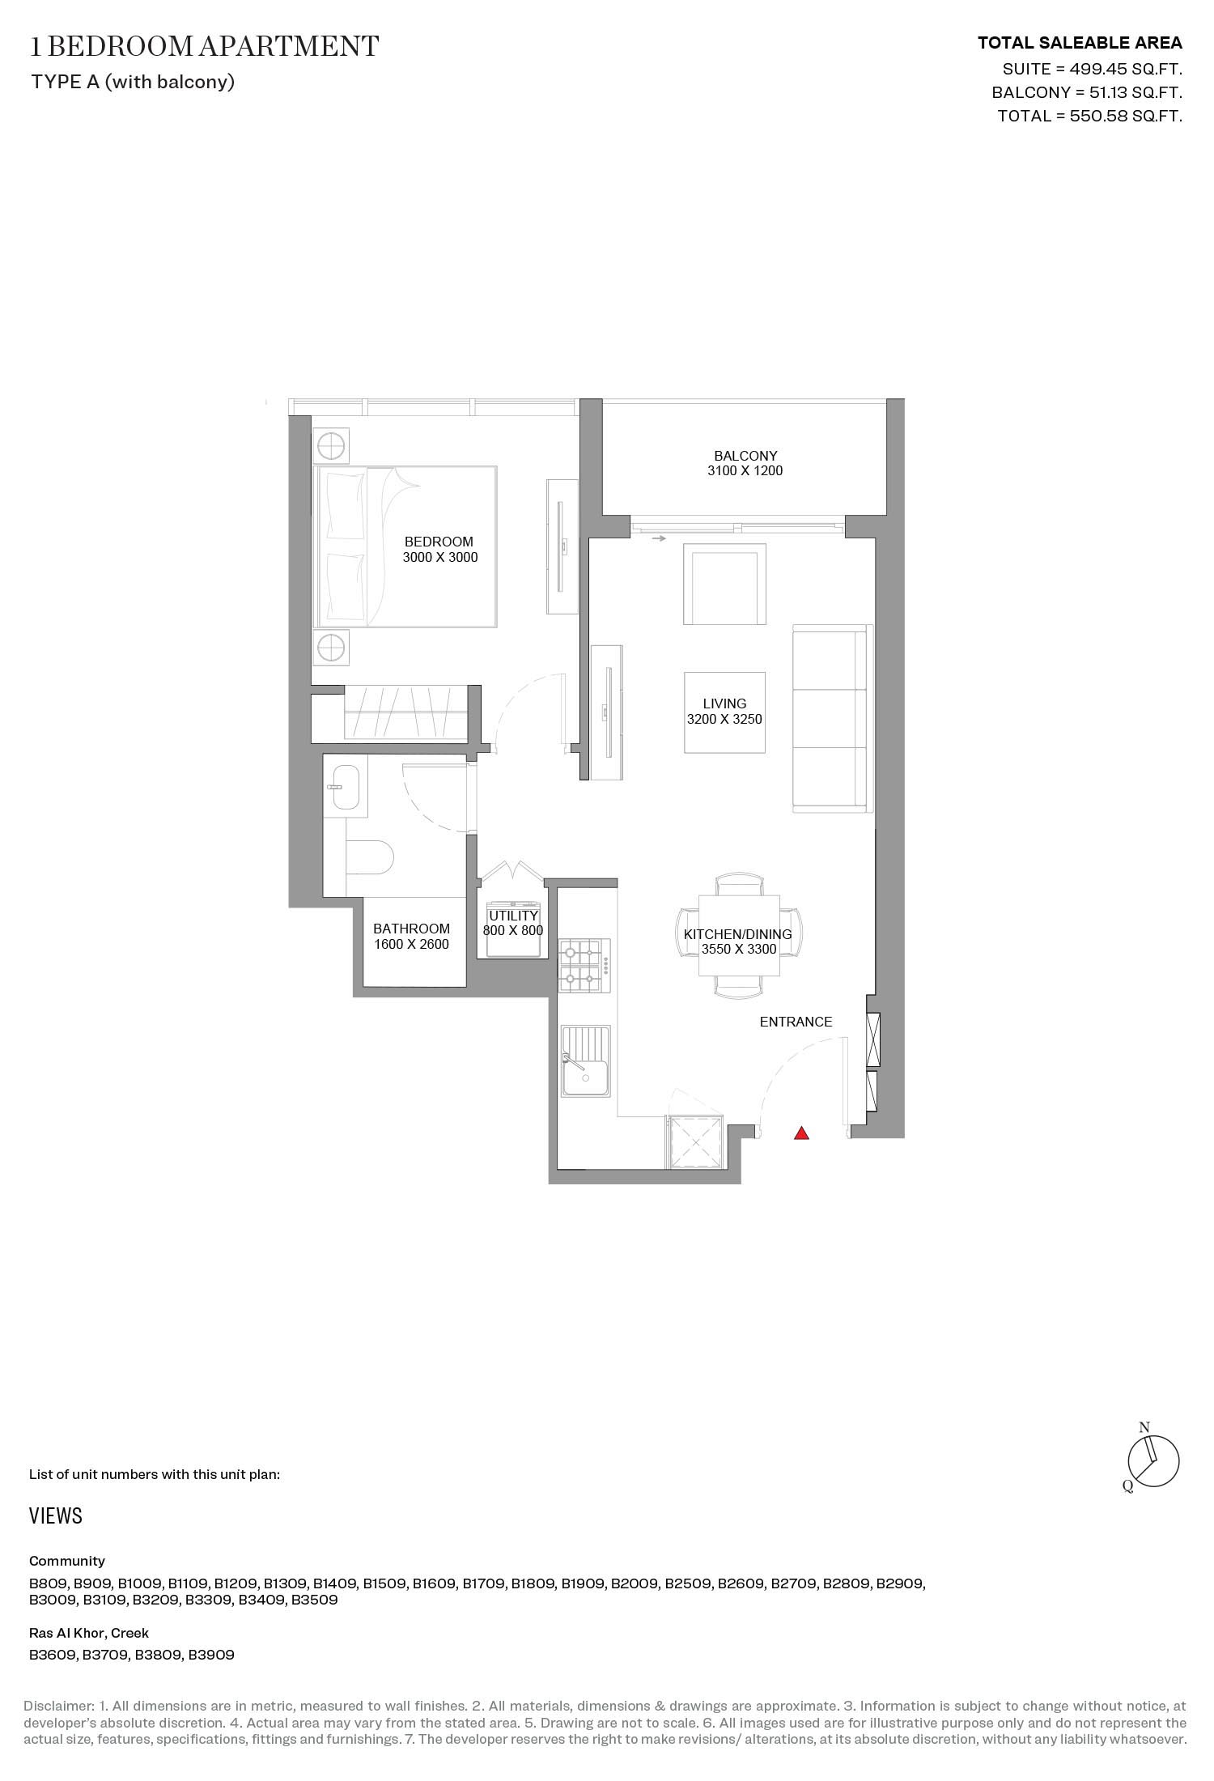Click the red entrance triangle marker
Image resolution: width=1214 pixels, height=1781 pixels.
(x=801, y=1134)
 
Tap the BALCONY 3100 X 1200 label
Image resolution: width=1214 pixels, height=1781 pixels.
(x=745, y=463)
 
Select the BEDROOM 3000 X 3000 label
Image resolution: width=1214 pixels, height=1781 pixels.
(x=439, y=549)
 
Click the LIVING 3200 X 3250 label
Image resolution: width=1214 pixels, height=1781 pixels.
(x=724, y=712)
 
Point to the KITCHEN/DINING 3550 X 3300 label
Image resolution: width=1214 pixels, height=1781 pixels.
(x=738, y=942)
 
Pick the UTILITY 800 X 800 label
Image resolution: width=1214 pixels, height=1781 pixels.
(x=513, y=923)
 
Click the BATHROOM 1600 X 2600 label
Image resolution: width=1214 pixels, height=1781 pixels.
(x=411, y=936)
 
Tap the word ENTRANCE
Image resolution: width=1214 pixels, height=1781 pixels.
(x=796, y=1022)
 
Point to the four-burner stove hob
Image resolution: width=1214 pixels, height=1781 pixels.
(x=582, y=965)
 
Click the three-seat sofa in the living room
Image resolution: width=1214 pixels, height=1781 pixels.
(x=831, y=718)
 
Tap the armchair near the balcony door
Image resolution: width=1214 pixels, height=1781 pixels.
(x=724, y=584)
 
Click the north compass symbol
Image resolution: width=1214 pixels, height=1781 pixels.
(x=1153, y=1461)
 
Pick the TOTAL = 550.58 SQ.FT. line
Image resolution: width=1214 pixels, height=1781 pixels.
(x=1089, y=116)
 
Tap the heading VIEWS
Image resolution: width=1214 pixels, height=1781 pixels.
(x=56, y=1515)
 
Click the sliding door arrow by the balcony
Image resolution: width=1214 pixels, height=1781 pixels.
(x=659, y=538)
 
